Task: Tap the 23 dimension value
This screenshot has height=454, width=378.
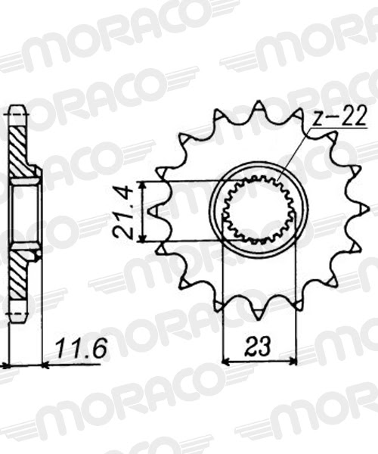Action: (258, 346)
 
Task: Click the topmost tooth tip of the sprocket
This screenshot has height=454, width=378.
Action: (259, 101)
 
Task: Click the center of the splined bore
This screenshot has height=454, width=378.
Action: (259, 210)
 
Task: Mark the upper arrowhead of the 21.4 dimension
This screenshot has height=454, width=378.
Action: (141, 185)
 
